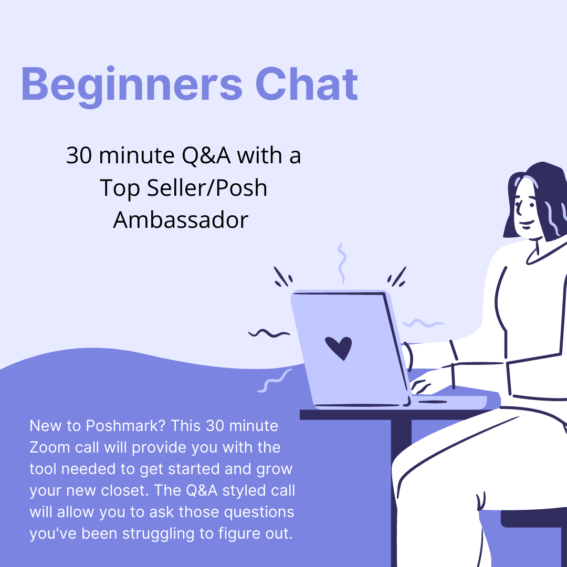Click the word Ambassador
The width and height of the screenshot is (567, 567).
(x=181, y=219)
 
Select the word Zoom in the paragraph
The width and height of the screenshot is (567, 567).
(x=48, y=448)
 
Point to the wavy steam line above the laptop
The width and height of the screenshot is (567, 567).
(x=342, y=262)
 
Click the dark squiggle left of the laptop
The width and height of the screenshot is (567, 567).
(x=269, y=333)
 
